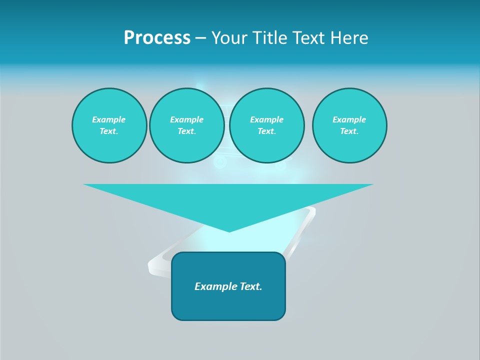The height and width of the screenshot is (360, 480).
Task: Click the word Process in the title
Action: point(157,38)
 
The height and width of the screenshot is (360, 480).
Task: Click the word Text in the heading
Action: point(311,38)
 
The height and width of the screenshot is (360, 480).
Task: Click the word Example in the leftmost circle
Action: point(109,119)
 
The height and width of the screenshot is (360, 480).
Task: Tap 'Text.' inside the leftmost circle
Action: point(109,131)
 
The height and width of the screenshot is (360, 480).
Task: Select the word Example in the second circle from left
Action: point(186,119)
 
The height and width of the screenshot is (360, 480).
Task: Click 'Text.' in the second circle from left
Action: point(186,131)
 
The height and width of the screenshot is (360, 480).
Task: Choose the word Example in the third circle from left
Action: point(266,119)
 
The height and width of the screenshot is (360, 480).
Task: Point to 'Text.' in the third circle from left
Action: point(266,131)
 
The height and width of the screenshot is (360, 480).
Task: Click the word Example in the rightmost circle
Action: point(349,119)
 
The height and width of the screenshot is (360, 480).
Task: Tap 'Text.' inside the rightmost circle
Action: point(349,131)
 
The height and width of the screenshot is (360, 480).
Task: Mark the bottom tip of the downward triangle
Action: point(229,231)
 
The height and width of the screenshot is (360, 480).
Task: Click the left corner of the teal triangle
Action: point(84,184)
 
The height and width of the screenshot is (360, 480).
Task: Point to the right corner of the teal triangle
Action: point(372,184)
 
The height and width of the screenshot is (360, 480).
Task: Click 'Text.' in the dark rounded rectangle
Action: point(251,286)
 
